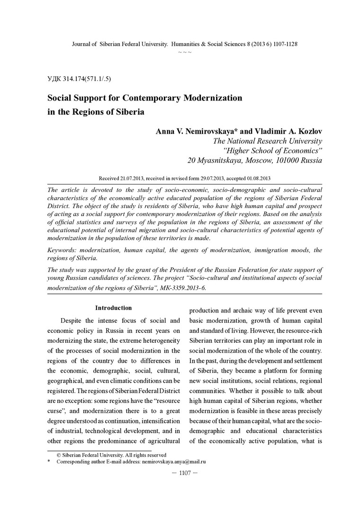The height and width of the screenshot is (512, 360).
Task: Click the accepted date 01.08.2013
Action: (255, 178)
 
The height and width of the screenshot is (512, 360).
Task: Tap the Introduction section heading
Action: (113, 308)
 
